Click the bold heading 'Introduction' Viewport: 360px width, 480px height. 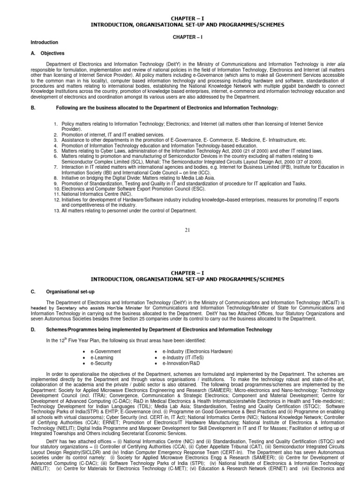coord(45,42)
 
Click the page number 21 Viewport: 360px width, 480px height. coord(187,230)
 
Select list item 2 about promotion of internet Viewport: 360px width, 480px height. coord(112,135)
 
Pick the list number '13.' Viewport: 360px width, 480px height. coord(56,210)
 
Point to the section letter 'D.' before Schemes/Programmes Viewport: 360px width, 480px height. coord(33,330)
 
